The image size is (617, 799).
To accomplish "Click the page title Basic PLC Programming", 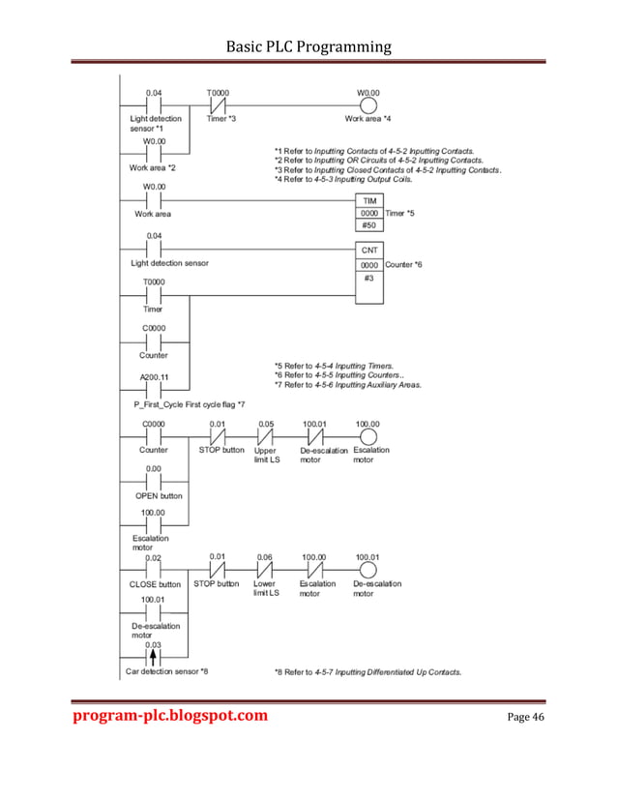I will (308, 45).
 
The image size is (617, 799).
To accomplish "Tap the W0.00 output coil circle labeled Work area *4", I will (367, 104).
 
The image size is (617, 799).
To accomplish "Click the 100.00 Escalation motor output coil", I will (367, 435).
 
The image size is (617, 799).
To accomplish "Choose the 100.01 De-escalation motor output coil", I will (367, 570).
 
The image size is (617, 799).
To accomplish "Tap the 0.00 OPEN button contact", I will (154, 481).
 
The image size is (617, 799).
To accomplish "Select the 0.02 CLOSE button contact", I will (154, 570).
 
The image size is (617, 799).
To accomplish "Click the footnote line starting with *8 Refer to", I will (367, 670).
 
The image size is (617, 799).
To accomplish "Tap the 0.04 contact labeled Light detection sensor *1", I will (154, 104).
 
